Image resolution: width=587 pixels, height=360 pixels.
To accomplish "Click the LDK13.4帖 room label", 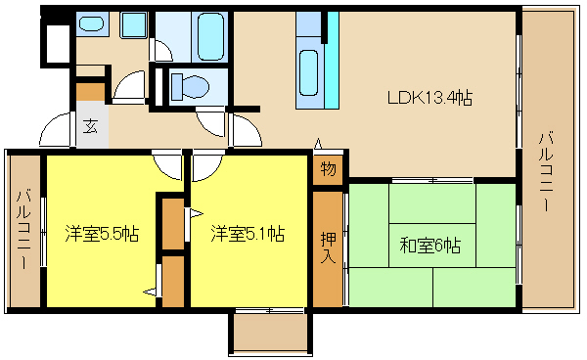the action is (x=429, y=98).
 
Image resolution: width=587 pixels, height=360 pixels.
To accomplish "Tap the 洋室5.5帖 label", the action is (x=102, y=234).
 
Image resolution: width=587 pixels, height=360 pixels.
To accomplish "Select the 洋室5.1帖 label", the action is (x=248, y=234).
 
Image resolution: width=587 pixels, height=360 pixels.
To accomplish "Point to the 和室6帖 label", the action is (x=430, y=246).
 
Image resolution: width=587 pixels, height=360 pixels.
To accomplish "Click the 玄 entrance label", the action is (x=90, y=126).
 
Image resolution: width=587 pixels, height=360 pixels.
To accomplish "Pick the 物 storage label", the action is (x=328, y=169).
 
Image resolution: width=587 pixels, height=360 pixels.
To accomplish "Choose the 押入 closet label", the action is (x=328, y=247).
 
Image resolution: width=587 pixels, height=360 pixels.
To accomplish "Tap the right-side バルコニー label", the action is (x=546, y=172).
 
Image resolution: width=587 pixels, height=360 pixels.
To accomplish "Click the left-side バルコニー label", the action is (x=23, y=229).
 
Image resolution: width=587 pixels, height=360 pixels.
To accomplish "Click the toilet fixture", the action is (x=190, y=86).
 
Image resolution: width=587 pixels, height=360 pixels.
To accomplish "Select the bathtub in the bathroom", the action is (x=210, y=36).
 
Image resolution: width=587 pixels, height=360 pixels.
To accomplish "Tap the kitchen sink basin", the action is (x=309, y=72).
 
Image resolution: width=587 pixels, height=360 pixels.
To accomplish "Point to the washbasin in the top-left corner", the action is (x=91, y=23).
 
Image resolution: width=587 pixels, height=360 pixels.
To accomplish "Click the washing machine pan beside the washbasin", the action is (x=134, y=24).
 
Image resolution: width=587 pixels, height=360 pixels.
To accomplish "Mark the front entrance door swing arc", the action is (x=55, y=129).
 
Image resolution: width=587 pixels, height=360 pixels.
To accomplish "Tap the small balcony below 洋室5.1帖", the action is (x=270, y=333).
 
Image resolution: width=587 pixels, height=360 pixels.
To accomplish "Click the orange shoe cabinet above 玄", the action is (x=91, y=92).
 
